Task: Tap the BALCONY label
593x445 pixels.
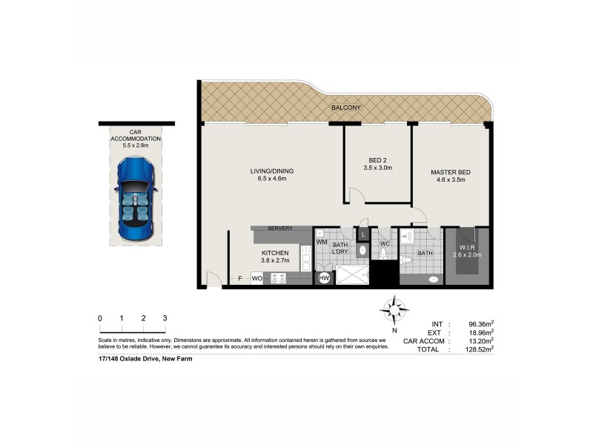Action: [x=346, y=108]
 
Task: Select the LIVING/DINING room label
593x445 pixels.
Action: [x=272, y=171]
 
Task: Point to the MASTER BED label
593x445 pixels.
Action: [x=451, y=173]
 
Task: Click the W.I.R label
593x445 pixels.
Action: [x=467, y=247]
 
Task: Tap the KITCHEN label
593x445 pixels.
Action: [x=275, y=253]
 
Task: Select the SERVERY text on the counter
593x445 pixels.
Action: [x=280, y=228]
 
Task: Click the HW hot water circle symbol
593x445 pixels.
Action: [x=324, y=278]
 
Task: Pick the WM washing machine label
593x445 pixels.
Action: [x=322, y=242]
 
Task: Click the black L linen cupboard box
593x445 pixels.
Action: [x=363, y=234]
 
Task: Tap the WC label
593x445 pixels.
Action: [x=385, y=243]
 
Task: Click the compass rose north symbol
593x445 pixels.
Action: [x=395, y=308]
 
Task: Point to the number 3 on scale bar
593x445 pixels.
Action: [x=165, y=317]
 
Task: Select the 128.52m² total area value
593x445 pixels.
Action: [x=477, y=348]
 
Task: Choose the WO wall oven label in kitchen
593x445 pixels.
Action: [x=257, y=279]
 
